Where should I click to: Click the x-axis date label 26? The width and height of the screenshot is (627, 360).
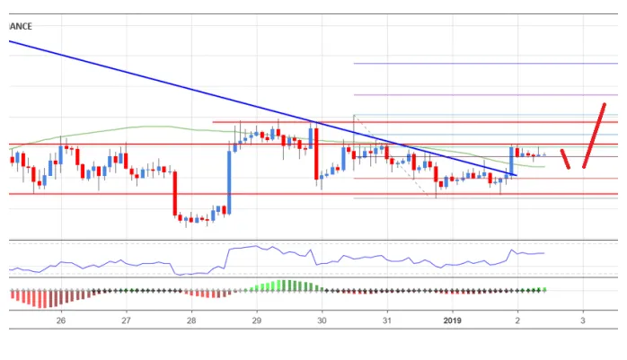pyautogui.click(x=60, y=320)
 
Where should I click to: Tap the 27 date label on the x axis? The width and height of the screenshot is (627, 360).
pyautogui.click(x=126, y=320)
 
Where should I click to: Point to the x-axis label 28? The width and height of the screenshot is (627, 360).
pyautogui.click(x=191, y=320)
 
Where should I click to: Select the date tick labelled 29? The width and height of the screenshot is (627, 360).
pyautogui.click(x=257, y=320)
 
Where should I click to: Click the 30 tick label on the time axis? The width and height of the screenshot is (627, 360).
pyautogui.click(x=322, y=320)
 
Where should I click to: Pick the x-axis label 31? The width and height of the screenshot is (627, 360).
pyautogui.click(x=387, y=320)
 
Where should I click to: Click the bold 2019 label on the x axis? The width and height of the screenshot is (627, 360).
pyautogui.click(x=453, y=320)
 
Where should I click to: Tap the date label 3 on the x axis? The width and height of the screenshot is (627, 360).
pyautogui.click(x=583, y=320)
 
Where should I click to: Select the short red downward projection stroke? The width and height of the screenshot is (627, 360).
pyautogui.click(x=566, y=159)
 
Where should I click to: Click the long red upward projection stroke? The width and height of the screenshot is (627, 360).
pyautogui.click(x=593, y=136)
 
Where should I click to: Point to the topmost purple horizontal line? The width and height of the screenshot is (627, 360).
pyautogui.click(x=485, y=64)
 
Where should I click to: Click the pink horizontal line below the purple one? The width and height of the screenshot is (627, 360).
pyautogui.click(x=485, y=94)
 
